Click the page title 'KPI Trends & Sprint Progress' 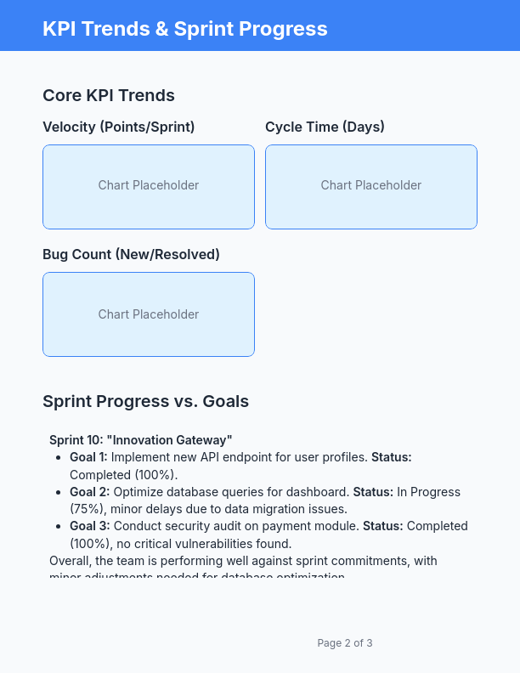pos(184,29)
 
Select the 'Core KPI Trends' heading pos(109,95)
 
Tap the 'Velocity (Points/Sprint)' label pos(119,127)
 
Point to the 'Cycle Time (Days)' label pos(325,127)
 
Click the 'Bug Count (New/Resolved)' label pos(131,254)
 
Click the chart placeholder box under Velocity pos(149,186)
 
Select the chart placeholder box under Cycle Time pos(371,186)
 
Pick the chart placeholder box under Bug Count pos(149,314)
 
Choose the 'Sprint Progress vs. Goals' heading pos(145,401)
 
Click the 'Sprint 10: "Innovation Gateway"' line pos(141,440)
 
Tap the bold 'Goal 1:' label pos(88,457)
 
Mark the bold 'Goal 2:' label pos(89,492)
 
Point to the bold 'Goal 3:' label pos(89,526)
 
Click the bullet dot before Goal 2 pos(59,492)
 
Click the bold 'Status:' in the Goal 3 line pos(383,526)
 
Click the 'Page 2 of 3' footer pos(345,643)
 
